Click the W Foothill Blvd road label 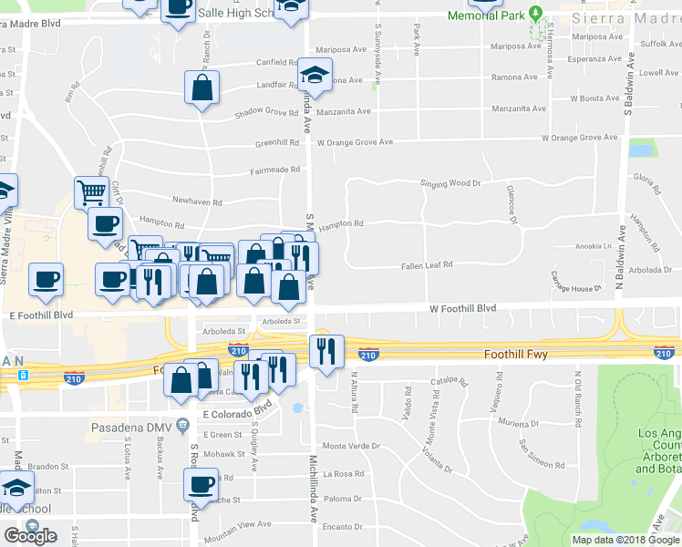click(x=463, y=309)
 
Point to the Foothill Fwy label click(x=515, y=354)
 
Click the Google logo click(x=30, y=536)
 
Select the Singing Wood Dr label click(x=449, y=183)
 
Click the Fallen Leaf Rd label click(x=428, y=265)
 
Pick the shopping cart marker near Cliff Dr click(x=91, y=191)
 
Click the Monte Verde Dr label click(x=350, y=446)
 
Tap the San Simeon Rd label click(x=542, y=454)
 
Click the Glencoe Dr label click(x=511, y=204)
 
